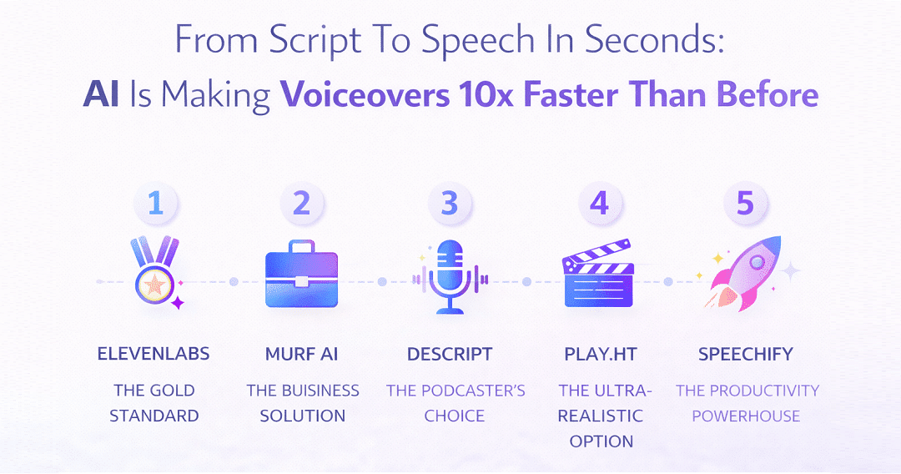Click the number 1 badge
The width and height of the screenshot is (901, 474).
point(155,204)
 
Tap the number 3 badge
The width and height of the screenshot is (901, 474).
point(450,204)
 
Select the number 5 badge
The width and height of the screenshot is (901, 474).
point(745,204)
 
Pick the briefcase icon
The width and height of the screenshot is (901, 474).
point(302,274)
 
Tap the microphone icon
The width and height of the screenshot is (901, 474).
point(450,276)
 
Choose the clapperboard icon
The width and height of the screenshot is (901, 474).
point(598,273)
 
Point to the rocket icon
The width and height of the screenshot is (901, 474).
point(745,274)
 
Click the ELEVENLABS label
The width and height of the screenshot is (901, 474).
point(154,354)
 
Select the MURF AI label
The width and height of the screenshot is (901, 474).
point(302,354)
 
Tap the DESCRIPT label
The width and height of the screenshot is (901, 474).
point(450,354)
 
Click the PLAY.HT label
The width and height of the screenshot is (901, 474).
point(601,354)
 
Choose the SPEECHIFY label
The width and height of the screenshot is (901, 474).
point(746,354)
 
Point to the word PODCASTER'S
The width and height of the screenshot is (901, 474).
point(474,391)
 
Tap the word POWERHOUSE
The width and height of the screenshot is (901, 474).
point(746,416)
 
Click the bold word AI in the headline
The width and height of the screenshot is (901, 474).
point(101,94)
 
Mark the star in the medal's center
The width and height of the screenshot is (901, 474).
point(154,285)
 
